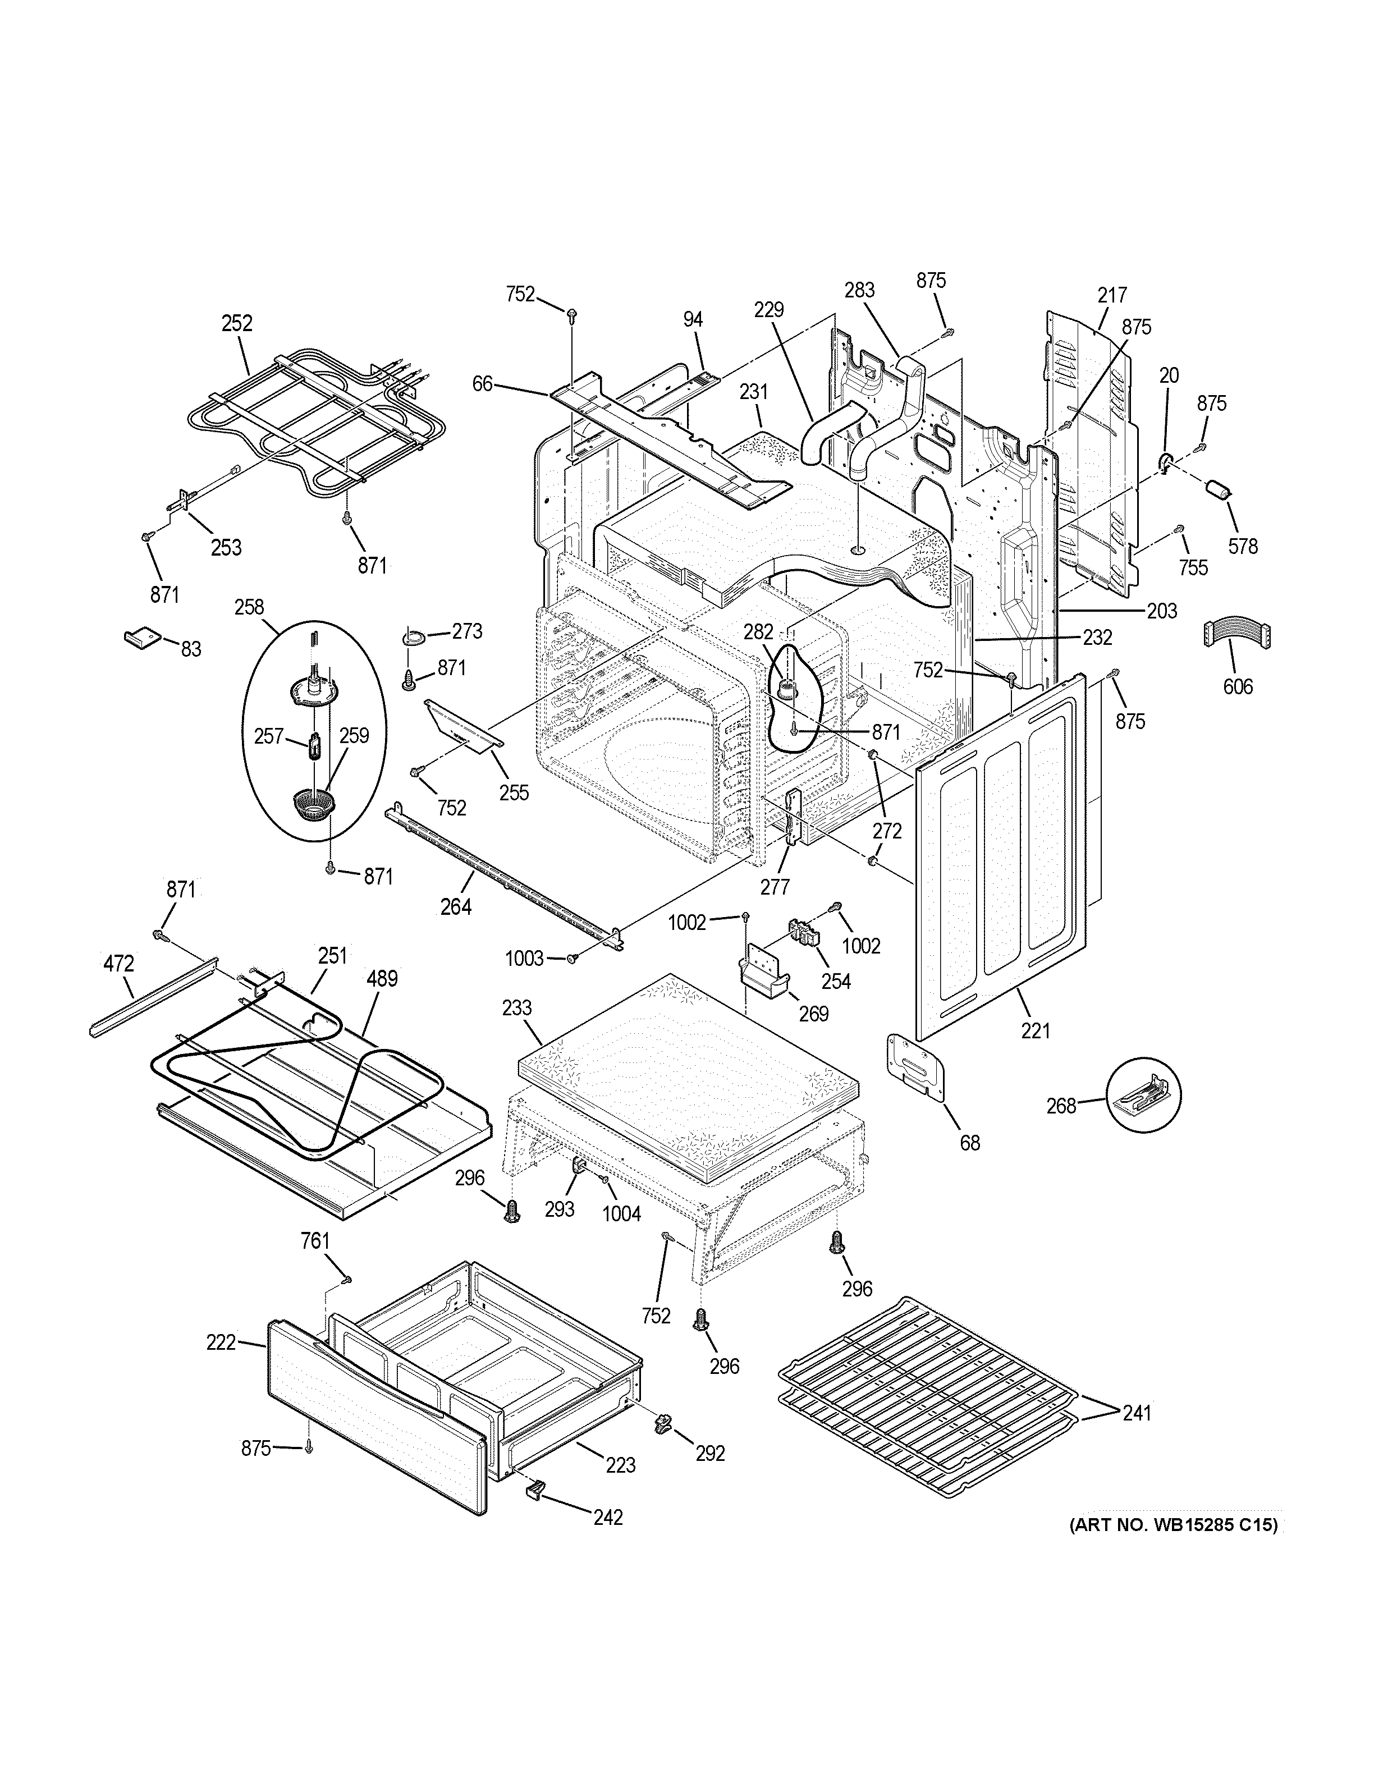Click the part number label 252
[237, 323]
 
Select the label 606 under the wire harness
[1237, 686]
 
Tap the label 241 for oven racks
[1137, 1413]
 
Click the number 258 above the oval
[249, 607]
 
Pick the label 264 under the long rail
[456, 905]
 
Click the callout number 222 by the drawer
[221, 1342]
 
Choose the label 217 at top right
[1112, 295]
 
